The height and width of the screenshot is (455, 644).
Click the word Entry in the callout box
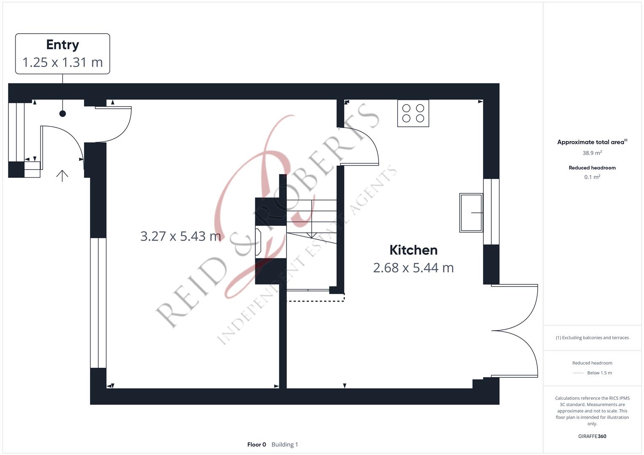click(63, 45)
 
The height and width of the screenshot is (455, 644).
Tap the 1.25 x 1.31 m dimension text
click(63, 62)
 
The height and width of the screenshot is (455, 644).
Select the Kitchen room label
click(413, 250)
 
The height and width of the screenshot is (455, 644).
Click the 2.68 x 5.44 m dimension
click(413, 268)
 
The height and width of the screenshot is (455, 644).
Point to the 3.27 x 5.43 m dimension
click(181, 236)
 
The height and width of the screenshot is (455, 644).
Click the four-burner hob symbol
click(413, 113)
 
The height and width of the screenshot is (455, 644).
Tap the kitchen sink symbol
click(471, 213)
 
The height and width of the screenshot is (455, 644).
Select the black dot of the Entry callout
click(62, 114)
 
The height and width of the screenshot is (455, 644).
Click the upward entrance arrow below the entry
click(62, 176)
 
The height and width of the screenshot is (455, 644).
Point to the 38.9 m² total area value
click(592, 153)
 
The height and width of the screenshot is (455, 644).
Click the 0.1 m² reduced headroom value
click(592, 177)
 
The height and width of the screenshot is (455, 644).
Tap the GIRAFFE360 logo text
click(592, 436)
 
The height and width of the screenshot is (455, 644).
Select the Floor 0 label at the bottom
click(256, 444)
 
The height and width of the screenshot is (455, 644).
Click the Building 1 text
click(285, 444)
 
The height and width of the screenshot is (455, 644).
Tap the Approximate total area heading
click(592, 142)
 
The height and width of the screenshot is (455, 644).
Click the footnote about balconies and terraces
click(592, 337)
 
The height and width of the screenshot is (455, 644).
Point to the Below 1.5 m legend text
click(599, 373)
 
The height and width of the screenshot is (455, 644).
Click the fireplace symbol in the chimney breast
click(258, 242)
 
